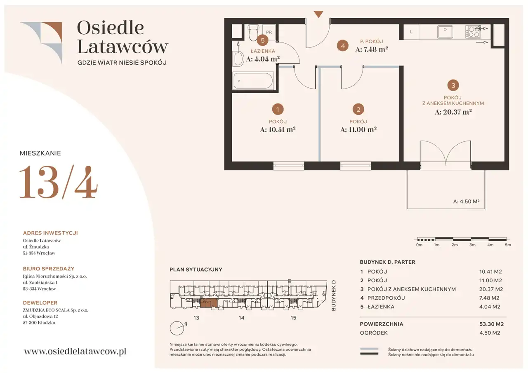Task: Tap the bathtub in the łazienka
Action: pyautogui.click(x=253, y=81)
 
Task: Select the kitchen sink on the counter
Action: pyautogui.click(x=445, y=32)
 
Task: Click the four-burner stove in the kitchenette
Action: pyautogui.click(x=473, y=32)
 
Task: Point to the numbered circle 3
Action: pyautogui.click(x=453, y=85)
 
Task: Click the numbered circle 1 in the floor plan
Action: pyautogui.click(x=278, y=109)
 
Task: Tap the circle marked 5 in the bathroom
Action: pyautogui.click(x=262, y=40)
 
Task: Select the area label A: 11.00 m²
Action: pyautogui.click(x=358, y=129)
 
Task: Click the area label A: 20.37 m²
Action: pyautogui.click(x=453, y=112)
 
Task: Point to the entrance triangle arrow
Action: pyautogui.click(x=318, y=14)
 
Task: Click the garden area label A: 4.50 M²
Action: pyautogui.click(x=466, y=202)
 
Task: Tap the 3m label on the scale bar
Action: pyautogui.click(x=472, y=245)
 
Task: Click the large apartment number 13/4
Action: pyautogui.click(x=59, y=182)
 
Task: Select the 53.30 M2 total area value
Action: pyautogui.click(x=491, y=324)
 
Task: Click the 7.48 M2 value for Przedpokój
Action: pyautogui.click(x=489, y=298)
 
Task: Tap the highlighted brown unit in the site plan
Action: pyautogui.click(x=209, y=303)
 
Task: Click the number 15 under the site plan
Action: pyautogui.click(x=293, y=318)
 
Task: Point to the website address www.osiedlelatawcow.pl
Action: pyautogui.click(x=75, y=351)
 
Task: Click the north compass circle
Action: pyautogui.click(x=177, y=328)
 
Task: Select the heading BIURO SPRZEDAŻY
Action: pyautogui.click(x=49, y=269)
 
